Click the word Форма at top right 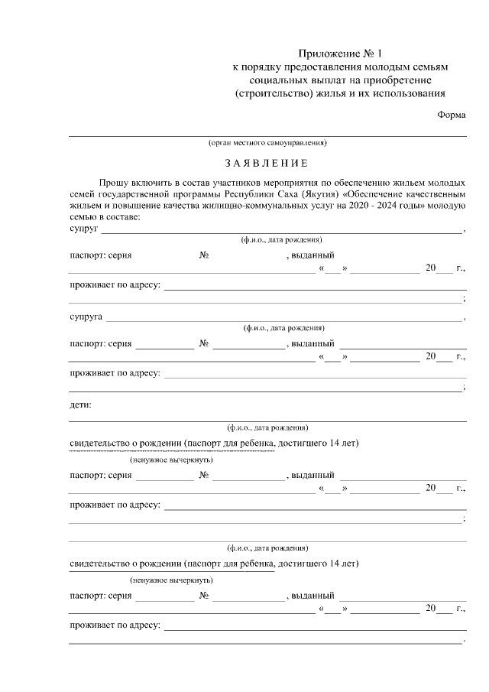point(452,114)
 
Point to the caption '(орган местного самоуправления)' point(267,143)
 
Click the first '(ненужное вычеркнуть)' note point(171,460)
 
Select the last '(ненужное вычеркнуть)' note point(171,580)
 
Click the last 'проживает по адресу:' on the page point(115,625)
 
